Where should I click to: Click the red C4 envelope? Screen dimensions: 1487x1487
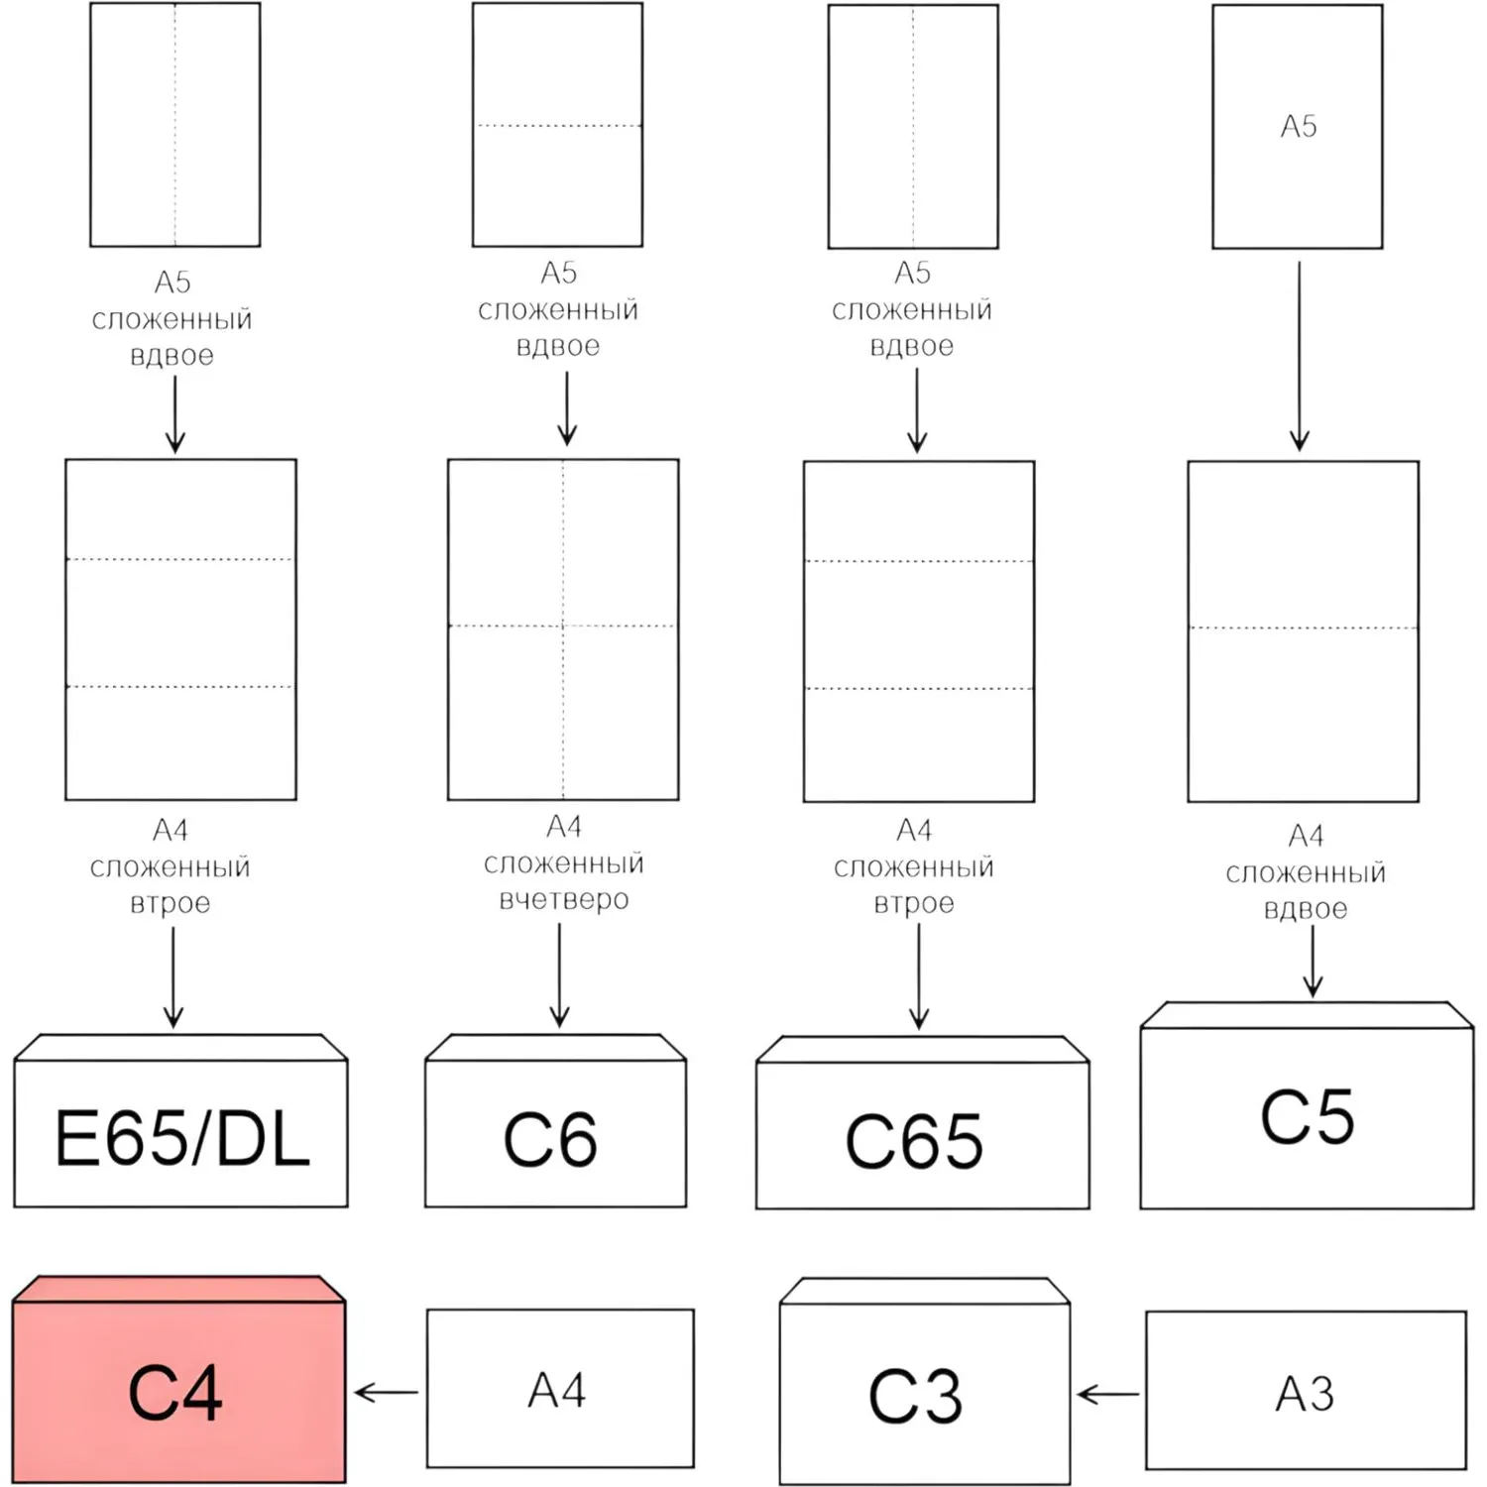pos(179,1379)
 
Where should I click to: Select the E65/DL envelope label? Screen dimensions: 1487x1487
pos(182,1138)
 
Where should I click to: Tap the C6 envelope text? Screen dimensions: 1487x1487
pos(550,1140)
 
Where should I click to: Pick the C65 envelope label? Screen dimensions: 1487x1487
pos(914,1141)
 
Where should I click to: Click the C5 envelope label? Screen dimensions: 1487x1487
pos(1307,1117)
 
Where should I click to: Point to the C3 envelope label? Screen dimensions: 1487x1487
pos(915,1396)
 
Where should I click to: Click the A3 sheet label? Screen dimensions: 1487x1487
pos(1305,1394)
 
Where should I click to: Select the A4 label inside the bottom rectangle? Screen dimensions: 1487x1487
pos(557,1390)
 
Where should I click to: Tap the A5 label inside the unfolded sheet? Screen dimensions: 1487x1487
pos(1299,126)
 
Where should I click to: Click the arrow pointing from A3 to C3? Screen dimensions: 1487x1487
pos(1108,1395)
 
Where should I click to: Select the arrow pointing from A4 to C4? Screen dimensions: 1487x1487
pos(386,1393)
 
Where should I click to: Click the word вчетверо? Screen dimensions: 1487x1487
pos(564,900)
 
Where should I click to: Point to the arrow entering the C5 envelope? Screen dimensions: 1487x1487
pos(1313,961)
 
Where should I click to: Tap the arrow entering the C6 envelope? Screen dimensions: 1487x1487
pos(559,975)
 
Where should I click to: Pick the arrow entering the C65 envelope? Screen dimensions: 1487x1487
pos(919,977)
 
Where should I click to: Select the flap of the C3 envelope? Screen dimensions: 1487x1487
pos(925,1291)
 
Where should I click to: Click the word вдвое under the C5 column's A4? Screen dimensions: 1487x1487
pos(1306,910)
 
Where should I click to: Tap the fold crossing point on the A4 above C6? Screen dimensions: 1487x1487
pos(563,627)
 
